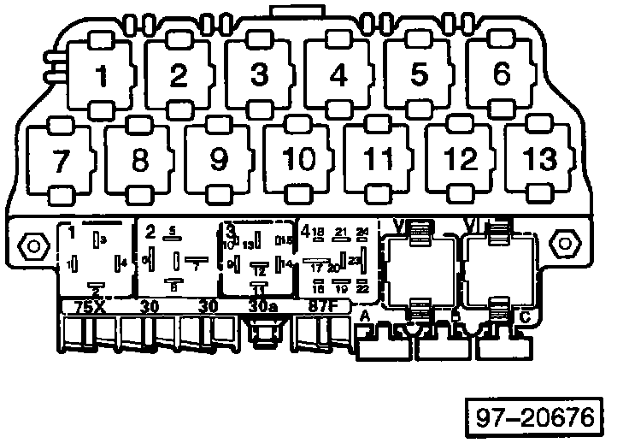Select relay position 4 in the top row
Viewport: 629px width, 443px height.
(339, 76)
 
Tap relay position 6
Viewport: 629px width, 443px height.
(502, 75)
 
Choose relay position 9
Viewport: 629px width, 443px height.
(219, 160)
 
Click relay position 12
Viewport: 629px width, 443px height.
(460, 160)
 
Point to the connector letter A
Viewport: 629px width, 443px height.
(366, 317)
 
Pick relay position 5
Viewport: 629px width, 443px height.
(419, 76)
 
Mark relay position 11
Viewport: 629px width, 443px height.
(379, 160)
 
